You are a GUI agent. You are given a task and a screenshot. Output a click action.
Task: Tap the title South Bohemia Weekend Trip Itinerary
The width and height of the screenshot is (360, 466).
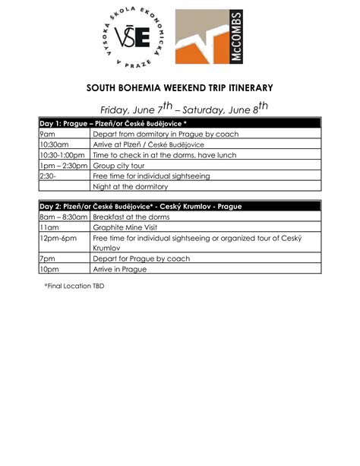179,87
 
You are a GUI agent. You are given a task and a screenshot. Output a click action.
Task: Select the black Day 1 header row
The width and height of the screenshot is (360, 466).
179,123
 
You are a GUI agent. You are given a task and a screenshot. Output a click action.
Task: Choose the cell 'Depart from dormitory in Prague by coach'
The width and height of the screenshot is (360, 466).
165,134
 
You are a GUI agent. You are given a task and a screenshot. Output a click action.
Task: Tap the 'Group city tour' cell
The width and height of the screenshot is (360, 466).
122,165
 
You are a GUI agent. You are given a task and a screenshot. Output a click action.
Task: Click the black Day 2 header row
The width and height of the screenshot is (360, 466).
179,206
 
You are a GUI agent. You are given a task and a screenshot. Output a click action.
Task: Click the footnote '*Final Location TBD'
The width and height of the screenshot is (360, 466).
74,286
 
